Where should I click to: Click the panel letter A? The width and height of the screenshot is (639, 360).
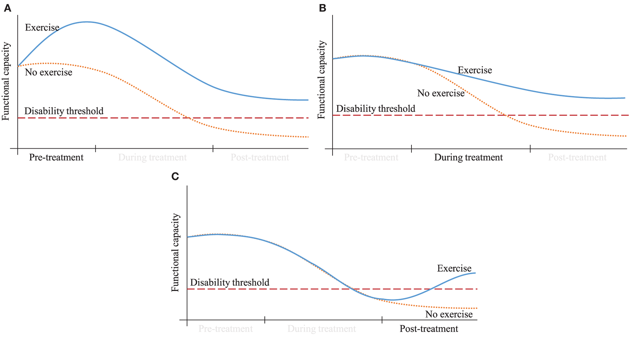[x=7, y=8]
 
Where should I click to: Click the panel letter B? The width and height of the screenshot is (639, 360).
[x=322, y=8]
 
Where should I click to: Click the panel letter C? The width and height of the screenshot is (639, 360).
[x=175, y=176]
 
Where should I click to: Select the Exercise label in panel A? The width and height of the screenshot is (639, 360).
[x=42, y=28]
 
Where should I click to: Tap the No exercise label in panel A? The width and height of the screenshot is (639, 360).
[x=48, y=73]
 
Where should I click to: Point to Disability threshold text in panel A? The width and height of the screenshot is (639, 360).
[x=64, y=111]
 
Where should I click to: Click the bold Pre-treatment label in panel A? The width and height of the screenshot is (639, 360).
[x=56, y=158]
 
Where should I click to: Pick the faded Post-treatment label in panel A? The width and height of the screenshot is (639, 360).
[x=260, y=158]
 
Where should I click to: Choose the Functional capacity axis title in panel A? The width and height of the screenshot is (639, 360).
[x=6, y=81]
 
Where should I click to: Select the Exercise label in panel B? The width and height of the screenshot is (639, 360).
[x=475, y=70]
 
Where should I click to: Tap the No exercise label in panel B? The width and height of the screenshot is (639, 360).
[x=441, y=93]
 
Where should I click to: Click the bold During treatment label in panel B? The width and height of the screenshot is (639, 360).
[x=468, y=158]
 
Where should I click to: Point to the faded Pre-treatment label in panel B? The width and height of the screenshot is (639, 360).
[x=371, y=158]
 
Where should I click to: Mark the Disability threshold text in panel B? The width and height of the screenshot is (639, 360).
[x=375, y=109]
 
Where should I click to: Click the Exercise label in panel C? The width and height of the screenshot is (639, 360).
[x=454, y=268]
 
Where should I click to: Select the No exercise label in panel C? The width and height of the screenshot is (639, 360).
[x=449, y=315]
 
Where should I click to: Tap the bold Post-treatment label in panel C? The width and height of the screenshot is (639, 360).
[x=429, y=329]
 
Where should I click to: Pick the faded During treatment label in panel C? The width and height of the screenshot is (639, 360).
[x=321, y=329]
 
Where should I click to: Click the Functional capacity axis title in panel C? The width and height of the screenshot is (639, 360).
[x=175, y=252]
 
